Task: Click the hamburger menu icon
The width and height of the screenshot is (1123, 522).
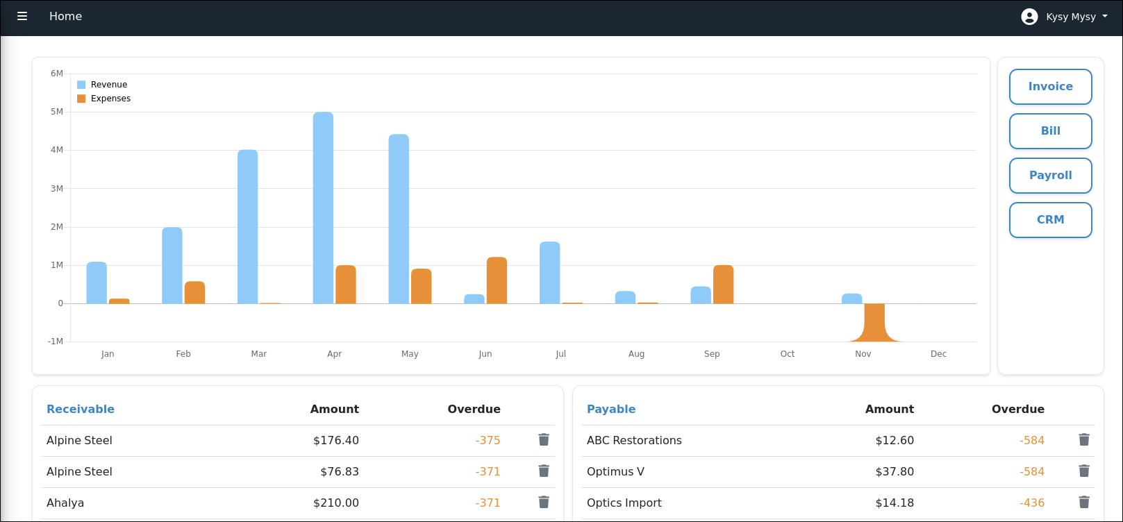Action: (22, 16)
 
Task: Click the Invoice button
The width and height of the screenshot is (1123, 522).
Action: (1050, 87)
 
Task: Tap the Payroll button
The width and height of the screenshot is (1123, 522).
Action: (1050, 176)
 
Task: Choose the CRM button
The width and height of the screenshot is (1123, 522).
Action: (1050, 220)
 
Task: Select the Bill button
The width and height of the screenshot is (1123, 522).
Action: (1050, 131)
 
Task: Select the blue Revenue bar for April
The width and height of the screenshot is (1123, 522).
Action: (323, 208)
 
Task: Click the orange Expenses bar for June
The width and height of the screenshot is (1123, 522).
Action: (497, 280)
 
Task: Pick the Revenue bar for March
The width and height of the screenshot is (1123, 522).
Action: (247, 227)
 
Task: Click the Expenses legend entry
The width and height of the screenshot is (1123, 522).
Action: (104, 99)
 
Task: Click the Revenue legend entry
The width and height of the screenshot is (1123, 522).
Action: (102, 85)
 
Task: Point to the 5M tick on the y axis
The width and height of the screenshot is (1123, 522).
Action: (56, 112)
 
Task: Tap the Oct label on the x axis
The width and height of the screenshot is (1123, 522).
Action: (787, 354)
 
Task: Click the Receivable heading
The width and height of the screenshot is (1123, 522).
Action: (81, 409)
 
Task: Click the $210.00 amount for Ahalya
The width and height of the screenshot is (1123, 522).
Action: (335, 503)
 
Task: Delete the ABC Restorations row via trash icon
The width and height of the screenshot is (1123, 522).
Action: (1083, 439)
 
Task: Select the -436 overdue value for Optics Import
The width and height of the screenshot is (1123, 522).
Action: (1031, 503)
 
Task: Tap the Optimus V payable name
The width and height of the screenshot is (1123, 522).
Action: (615, 471)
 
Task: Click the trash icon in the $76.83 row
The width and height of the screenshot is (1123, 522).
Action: (544, 471)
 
